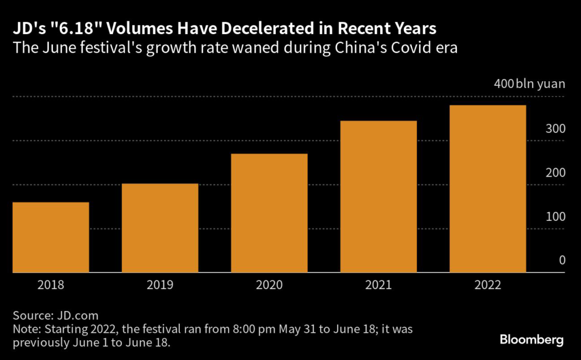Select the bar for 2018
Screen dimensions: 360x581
click(50, 237)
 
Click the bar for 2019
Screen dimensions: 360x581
click(160, 228)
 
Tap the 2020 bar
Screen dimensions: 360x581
click(269, 214)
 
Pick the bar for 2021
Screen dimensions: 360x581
click(378, 197)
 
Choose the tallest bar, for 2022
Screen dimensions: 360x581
click(488, 189)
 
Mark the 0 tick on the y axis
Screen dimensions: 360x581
click(562, 261)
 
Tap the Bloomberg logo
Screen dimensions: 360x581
click(532, 340)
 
